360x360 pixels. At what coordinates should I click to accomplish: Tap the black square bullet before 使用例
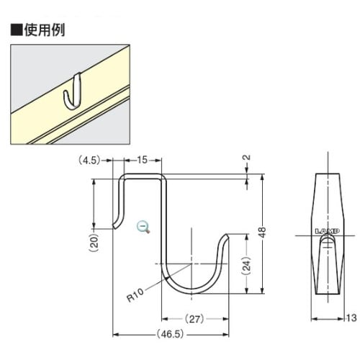pos(14,31)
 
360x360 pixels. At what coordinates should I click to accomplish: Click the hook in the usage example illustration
pos(72,94)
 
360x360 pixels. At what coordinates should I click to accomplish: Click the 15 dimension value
pos(142,160)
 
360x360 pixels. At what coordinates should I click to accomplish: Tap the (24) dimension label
pos(246,266)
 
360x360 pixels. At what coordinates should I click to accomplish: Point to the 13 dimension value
pos(351,318)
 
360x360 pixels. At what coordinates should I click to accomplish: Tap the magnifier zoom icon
pos(144,227)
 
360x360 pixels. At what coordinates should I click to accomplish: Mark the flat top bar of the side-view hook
pos(143,174)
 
